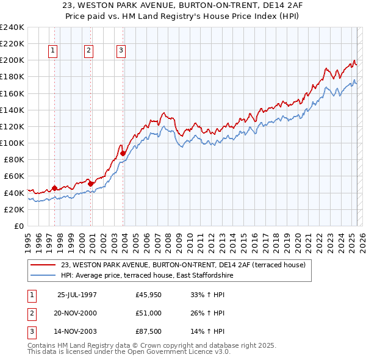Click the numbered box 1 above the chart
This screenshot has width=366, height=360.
54,51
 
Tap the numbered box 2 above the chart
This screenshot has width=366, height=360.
89,51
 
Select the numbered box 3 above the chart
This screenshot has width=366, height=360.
121,51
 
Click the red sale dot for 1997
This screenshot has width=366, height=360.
54,188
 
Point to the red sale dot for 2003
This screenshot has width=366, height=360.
123,153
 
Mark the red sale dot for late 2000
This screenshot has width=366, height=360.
90,183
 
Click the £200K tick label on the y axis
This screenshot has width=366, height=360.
12,60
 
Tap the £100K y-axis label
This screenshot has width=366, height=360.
12,143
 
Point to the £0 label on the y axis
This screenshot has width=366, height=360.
19,226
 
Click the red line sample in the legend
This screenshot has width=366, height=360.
43,264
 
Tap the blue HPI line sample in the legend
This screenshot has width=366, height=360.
43,275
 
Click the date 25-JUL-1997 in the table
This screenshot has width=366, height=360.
77,295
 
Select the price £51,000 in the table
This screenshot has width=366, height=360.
149,313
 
